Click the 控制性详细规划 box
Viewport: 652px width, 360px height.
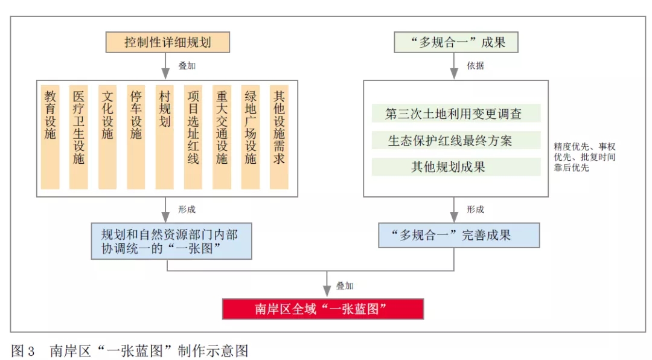tap(168, 42)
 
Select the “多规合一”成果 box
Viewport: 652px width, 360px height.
tap(456, 42)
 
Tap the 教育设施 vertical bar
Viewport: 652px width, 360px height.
tap(50, 137)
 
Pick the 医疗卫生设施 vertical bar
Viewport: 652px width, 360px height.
tap(78, 137)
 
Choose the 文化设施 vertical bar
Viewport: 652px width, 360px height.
tap(107, 137)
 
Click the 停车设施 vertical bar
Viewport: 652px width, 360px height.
tap(136, 137)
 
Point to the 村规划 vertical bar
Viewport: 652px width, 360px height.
tap(165, 137)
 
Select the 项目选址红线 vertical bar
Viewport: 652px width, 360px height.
tap(193, 137)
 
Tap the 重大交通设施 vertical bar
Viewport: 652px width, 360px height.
tap(222, 137)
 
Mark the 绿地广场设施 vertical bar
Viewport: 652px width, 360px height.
tap(251, 137)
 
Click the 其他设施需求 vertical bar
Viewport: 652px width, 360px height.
tap(279, 137)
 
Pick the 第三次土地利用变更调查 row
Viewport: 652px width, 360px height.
tap(456, 113)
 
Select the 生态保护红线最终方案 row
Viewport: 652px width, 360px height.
tap(456, 140)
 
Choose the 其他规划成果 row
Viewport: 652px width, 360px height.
tap(456, 167)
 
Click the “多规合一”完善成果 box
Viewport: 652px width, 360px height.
tap(459, 235)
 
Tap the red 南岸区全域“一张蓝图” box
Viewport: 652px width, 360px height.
tap(323, 309)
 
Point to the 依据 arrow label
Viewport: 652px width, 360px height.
tap(475, 66)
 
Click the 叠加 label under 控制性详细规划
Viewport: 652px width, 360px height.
tap(187, 66)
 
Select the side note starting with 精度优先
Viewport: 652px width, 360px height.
tap(584, 157)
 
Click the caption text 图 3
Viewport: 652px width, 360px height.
tap(23, 350)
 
